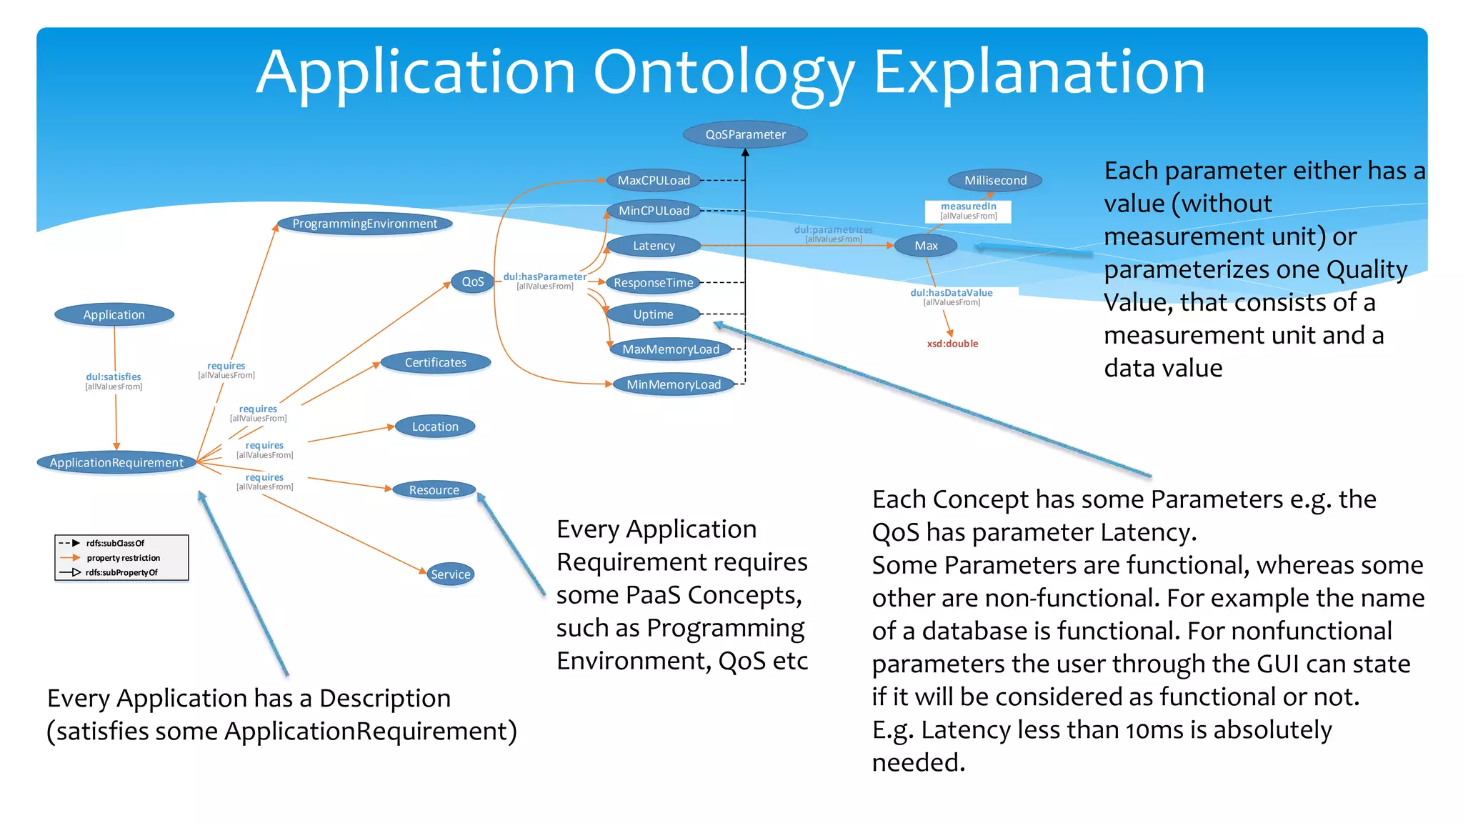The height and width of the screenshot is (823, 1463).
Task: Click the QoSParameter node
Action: (745, 134)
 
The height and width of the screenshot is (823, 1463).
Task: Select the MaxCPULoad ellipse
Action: (654, 180)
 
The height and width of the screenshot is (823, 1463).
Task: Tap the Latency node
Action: (654, 246)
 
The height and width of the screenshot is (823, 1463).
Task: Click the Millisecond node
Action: (995, 180)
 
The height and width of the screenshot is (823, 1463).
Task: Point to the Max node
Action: (926, 246)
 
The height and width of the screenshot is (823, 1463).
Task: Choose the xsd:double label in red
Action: (952, 344)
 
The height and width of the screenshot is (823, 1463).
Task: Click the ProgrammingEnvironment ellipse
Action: (364, 224)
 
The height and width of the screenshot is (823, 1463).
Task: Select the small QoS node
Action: (472, 281)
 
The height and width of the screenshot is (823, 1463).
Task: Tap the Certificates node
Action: (435, 362)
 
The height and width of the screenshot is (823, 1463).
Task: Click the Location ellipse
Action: (435, 427)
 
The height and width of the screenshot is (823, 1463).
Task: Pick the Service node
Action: (451, 574)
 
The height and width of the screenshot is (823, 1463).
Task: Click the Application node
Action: (114, 314)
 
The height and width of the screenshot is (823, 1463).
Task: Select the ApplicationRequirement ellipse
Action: (116, 462)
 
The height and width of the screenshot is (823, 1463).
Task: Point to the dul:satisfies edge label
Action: (114, 377)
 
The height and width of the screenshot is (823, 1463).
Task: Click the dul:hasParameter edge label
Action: (544, 276)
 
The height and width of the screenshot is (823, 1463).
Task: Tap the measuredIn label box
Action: (968, 211)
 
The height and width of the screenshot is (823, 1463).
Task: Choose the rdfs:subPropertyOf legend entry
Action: (121, 572)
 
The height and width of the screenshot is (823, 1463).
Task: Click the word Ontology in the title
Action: (724, 73)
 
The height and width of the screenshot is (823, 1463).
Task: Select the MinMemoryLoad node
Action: (674, 384)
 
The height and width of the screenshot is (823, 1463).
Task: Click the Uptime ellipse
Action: (653, 314)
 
